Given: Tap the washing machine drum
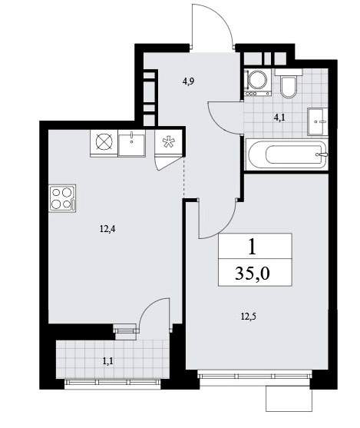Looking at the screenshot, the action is pyautogui.click(x=257, y=80).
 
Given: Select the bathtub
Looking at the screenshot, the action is pyautogui.click(x=286, y=154).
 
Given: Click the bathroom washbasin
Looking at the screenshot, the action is pyautogui.click(x=318, y=121).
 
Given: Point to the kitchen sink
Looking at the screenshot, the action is pyautogui.click(x=132, y=143).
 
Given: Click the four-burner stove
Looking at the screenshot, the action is pyautogui.click(x=62, y=198).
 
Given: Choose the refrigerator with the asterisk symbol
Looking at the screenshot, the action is pyautogui.click(x=168, y=142).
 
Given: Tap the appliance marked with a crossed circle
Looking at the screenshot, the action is pyautogui.click(x=104, y=143).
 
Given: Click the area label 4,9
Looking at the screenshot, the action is pyautogui.click(x=188, y=81).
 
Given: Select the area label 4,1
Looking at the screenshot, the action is pyautogui.click(x=279, y=118).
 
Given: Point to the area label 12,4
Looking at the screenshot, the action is pyautogui.click(x=107, y=229).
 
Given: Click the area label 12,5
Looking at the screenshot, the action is pyautogui.click(x=249, y=317).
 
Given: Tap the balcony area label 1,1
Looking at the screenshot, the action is pyautogui.click(x=107, y=361).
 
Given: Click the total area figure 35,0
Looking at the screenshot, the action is pyautogui.click(x=253, y=274).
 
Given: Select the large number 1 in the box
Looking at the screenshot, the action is pyautogui.click(x=253, y=247).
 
